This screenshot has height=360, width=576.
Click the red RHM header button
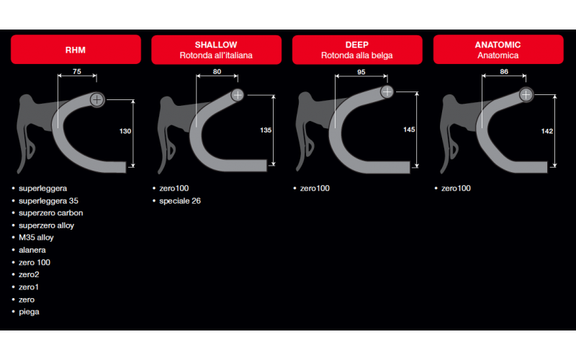[x=76, y=50]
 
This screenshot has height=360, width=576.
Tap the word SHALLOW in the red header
[x=216, y=45]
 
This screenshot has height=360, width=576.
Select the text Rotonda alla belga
[x=356, y=55]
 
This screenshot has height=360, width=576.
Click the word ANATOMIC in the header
[x=498, y=45]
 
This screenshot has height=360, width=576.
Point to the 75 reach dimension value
[x=77, y=71]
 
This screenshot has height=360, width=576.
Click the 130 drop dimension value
[x=125, y=131]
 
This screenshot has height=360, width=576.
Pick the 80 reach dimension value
[x=217, y=71]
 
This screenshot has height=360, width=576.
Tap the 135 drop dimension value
[x=266, y=130]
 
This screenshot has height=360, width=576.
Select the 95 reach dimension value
[x=361, y=72]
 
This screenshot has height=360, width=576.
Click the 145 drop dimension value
[x=409, y=130]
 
